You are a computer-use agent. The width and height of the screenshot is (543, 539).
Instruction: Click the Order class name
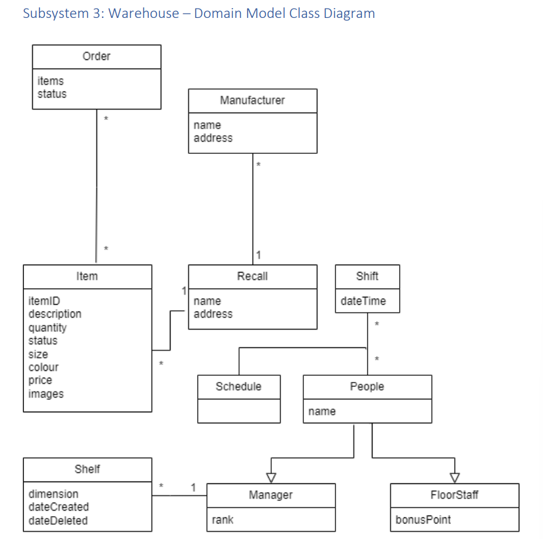click(x=96, y=56)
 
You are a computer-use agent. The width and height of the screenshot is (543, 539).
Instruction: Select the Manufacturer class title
click(x=252, y=100)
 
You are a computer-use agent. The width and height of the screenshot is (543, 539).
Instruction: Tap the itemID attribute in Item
click(x=44, y=301)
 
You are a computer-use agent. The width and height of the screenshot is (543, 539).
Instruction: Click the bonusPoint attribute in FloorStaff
click(x=423, y=520)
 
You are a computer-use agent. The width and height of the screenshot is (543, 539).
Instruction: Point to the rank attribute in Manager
click(x=222, y=520)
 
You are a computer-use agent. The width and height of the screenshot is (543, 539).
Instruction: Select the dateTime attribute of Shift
click(x=363, y=301)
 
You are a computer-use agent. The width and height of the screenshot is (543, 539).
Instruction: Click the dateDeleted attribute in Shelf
click(x=58, y=520)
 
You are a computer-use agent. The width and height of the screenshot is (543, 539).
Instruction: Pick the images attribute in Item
click(x=46, y=394)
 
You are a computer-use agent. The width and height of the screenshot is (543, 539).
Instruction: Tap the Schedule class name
click(x=238, y=386)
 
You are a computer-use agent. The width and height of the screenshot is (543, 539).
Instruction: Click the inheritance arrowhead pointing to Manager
click(x=271, y=477)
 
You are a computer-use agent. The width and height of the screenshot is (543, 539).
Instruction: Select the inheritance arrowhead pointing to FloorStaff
click(x=455, y=477)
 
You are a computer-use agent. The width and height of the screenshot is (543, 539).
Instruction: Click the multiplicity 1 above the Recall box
click(x=258, y=255)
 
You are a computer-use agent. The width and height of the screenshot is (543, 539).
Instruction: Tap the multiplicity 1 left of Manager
click(x=193, y=487)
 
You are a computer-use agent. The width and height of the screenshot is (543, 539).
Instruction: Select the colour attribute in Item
click(x=43, y=367)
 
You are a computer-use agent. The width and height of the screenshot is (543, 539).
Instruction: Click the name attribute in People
click(x=322, y=411)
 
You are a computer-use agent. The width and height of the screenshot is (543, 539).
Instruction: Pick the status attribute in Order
click(x=52, y=94)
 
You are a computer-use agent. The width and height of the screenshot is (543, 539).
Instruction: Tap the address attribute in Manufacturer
click(x=213, y=138)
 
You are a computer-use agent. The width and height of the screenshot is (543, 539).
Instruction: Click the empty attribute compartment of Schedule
click(x=238, y=411)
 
